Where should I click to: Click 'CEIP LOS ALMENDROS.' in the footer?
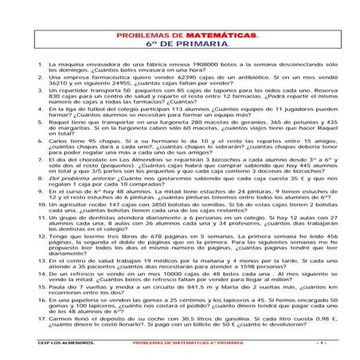click(x=65, y=342)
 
